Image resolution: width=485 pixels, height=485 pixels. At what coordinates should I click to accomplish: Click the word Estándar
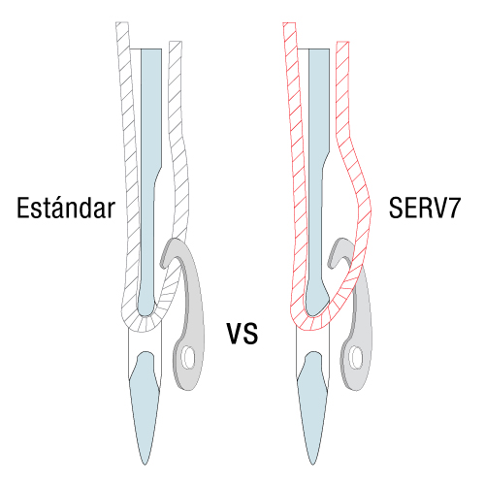tap(66, 208)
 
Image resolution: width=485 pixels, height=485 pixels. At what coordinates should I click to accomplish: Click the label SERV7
tap(424, 208)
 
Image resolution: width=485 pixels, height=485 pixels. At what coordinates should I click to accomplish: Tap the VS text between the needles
tap(242, 334)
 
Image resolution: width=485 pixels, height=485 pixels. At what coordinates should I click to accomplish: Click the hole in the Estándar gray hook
tap(188, 357)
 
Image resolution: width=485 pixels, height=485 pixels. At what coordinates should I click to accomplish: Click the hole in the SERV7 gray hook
tap(356, 357)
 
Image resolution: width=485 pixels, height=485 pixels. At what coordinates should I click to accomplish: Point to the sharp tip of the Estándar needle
tap(145, 465)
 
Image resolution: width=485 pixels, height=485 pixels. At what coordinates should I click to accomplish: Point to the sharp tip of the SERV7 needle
tap(312, 465)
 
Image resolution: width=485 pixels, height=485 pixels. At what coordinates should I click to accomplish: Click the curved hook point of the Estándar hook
tap(163, 264)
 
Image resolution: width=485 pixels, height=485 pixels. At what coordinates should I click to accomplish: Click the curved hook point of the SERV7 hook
tap(331, 264)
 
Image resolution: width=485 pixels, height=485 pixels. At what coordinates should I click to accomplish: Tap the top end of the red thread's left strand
tap(289, 23)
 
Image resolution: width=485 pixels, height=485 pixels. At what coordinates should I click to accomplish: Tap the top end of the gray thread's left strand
tap(122, 22)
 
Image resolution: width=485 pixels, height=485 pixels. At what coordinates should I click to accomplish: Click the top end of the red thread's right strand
tap(342, 42)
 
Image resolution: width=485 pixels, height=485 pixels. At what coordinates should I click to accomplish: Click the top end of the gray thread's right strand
tap(176, 42)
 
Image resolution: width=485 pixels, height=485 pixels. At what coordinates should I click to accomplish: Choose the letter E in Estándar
tap(23, 208)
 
